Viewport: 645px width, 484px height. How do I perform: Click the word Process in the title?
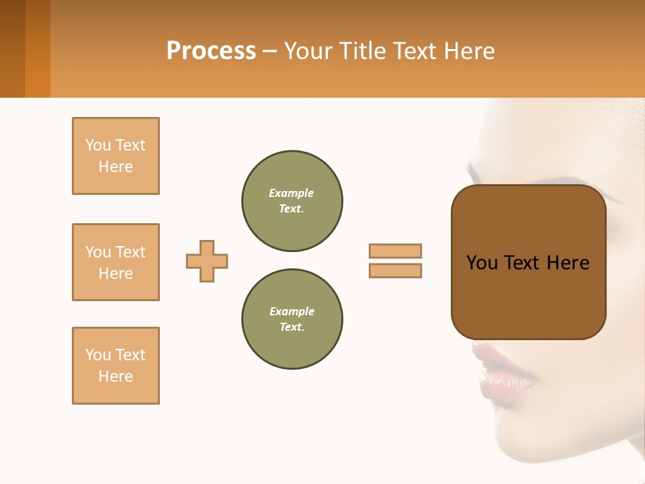point(211,51)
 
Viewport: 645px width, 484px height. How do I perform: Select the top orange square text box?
point(116,156)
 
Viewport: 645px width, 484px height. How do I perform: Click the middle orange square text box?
point(116,262)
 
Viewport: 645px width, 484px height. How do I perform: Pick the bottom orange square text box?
point(116,366)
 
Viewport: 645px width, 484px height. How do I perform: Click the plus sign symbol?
point(207,261)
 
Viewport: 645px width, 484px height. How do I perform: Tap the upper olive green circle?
point(292,201)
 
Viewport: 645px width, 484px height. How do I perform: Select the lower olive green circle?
point(292,319)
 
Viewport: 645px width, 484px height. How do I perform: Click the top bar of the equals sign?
point(395,251)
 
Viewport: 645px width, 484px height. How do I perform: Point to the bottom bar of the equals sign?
point(395,270)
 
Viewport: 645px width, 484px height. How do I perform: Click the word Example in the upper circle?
point(292,194)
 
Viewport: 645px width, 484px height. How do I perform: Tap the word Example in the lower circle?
point(292,312)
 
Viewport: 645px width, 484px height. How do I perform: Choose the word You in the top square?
point(98,145)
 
